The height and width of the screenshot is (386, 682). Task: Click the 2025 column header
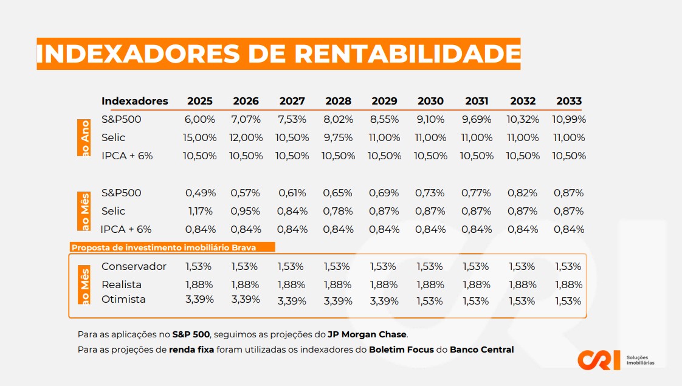[200, 101]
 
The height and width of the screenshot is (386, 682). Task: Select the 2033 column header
[569, 101]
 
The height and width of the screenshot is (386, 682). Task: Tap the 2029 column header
[384, 101]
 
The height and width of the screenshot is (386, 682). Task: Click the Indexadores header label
[134, 101]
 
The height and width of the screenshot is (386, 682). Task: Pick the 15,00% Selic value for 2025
[200, 138]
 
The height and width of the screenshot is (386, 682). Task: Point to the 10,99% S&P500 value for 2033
[569, 120]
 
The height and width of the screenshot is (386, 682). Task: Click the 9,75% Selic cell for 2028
[338, 138]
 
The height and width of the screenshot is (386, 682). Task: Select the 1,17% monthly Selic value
[200, 212]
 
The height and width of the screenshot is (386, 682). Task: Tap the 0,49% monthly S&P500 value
[200, 193]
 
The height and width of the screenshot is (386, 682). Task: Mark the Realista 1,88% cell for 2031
[477, 285]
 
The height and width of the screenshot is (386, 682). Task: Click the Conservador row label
[134, 267]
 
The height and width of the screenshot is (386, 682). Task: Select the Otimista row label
[123, 300]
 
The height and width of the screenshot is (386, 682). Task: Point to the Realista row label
[122, 285]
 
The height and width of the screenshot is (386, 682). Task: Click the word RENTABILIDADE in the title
[407, 54]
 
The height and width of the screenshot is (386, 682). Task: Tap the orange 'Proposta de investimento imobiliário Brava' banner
[173, 247]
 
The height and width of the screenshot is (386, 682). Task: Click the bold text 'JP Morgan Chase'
[367, 334]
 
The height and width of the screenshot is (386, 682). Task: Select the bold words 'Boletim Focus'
[401, 350]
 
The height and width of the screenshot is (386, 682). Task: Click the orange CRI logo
[599, 359]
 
